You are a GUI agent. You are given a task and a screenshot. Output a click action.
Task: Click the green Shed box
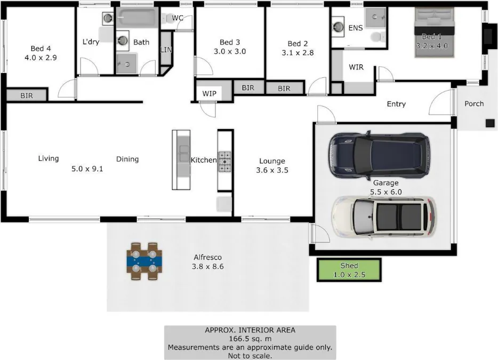click(x=349, y=270)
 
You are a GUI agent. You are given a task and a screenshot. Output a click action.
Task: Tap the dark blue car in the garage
click(x=379, y=156)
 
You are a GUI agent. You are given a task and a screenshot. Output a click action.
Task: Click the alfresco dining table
click(x=144, y=261)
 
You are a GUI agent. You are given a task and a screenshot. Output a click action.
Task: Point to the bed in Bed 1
click(x=435, y=33)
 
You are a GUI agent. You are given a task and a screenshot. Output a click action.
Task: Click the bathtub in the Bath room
click(x=136, y=18)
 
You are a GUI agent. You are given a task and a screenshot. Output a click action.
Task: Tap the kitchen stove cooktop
click(x=224, y=162)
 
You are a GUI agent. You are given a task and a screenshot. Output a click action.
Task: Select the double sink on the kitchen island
click(x=184, y=154)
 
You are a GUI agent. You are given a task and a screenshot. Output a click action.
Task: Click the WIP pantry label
click(x=210, y=93)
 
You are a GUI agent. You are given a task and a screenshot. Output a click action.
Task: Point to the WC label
click(x=178, y=18)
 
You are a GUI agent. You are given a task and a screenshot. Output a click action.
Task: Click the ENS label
click(x=356, y=28)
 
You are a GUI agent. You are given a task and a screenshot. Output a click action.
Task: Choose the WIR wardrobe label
click(x=356, y=67)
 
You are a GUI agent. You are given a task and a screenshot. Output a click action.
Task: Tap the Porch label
click(x=474, y=103)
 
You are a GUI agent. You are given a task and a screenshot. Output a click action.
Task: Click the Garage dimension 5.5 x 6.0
click(x=386, y=192)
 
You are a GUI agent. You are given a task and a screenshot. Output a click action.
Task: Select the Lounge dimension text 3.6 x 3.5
click(x=272, y=170)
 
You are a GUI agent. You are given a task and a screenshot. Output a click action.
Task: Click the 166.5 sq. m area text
click(x=250, y=339)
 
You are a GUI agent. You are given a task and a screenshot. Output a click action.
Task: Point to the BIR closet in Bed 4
click(x=27, y=95)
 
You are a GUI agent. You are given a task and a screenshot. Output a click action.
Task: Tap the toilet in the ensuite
click(x=377, y=37)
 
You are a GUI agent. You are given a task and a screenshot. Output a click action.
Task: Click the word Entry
click(x=396, y=104)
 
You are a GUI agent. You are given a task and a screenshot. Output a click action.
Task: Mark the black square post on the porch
click(x=491, y=123)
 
